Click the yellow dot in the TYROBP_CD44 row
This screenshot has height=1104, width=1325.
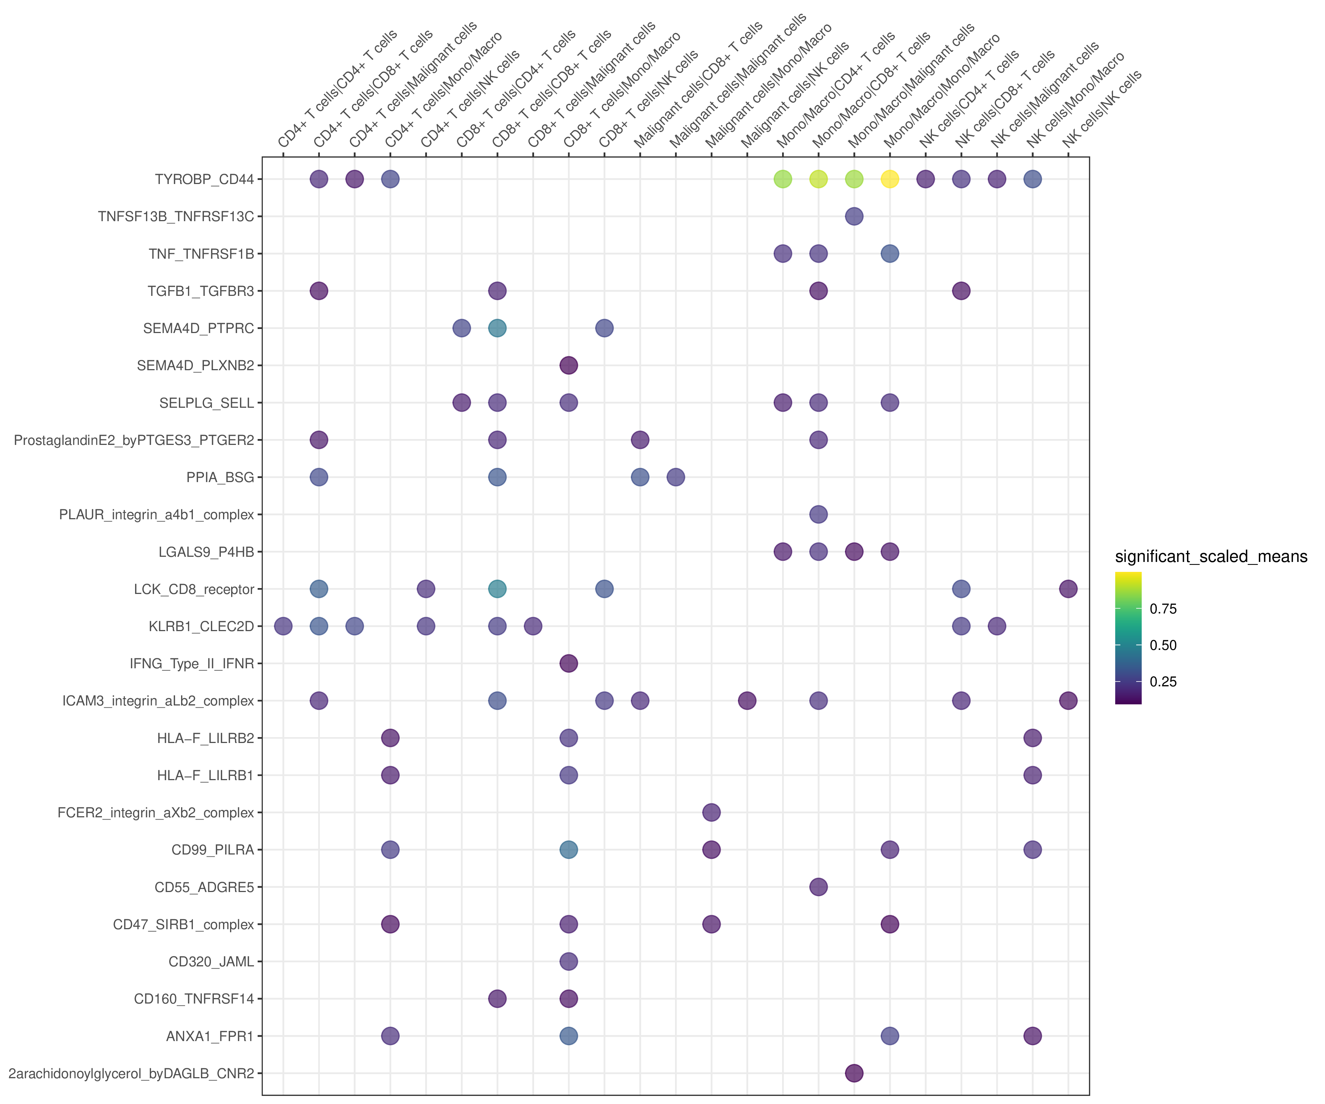pyautogui.click(x=890, y=179)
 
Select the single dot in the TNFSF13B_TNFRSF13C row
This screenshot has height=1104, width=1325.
pyautogui.click(x=854, y=216)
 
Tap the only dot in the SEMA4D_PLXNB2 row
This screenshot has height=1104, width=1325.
pyautogui.click(x=569, y=365)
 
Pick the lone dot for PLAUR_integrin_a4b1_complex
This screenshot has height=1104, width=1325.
pyautogui.click(x=818, y=514)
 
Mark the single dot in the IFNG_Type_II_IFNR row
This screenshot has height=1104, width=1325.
pyautogui.click(x=569, y=663)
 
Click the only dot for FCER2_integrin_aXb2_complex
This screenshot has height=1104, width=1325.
pyautogui.click(x=711, y=813)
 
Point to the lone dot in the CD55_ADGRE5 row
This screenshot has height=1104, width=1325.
pyautogui.click(x=818, y=887)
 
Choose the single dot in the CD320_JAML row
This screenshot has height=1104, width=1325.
pyautogui.click(x=569, y=962)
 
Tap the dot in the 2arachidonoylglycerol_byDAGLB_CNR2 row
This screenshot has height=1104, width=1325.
pyautogui.click(x=854, y=1073)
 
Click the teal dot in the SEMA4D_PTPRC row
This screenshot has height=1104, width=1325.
pyautogui.click(x=497, y=328)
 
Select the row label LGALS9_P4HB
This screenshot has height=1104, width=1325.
pyautogui.click(x=206, y=552)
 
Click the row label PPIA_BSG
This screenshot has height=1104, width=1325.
pyautogui.click(x=220, y=478)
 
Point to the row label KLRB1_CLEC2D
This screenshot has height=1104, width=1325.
pyautogui.click(x=201, y=626)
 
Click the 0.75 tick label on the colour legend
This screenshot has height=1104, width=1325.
pyautogui.click(x=1163, y=609)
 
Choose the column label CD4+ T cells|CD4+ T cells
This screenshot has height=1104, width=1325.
pyautogui.click(x=338, y=88)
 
